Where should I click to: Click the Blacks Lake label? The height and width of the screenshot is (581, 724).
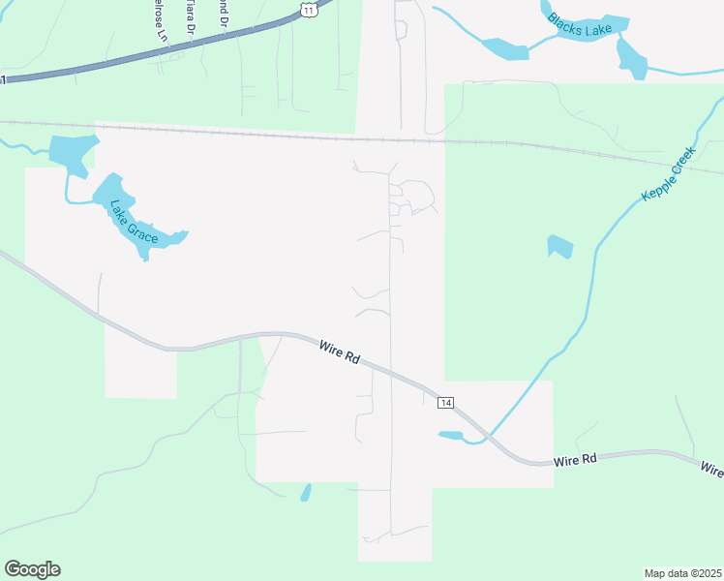point(578,25)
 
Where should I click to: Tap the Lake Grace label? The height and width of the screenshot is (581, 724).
point(134,222)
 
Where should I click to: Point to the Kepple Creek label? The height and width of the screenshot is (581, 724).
point(669,175)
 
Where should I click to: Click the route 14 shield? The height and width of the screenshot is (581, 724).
point(445,402)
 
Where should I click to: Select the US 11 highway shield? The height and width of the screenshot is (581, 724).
point(308,8)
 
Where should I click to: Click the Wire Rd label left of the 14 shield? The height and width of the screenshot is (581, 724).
point(340,351)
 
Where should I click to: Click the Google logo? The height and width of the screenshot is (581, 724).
point(32,569)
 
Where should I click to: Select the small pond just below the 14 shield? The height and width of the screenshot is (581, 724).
point(451,436)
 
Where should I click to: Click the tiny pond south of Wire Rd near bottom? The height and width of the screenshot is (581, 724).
point(306,493)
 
